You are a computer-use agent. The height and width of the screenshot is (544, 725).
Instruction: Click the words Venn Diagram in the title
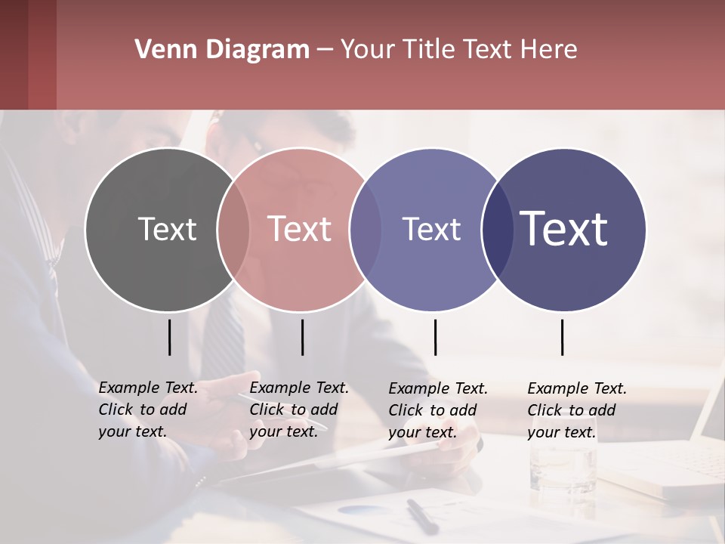[222, 50]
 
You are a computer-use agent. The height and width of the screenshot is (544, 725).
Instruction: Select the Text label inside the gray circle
[167, 229]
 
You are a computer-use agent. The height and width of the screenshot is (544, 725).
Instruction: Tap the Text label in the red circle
[299, 229]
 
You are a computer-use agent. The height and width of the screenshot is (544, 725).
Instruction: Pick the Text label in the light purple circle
[431, 229]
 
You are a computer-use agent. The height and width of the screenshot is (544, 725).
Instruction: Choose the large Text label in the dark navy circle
[564, 229]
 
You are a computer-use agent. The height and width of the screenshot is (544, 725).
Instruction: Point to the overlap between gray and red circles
[233, 230]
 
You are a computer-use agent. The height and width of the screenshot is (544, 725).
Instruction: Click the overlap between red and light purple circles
[366, 230]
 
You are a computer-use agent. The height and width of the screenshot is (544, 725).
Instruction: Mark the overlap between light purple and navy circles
[498, 230]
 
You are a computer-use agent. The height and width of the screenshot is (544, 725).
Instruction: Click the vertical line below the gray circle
[170, 337]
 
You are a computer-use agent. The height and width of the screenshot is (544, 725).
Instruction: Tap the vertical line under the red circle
[302, 337]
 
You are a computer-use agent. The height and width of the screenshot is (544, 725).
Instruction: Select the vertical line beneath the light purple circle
[435, 337]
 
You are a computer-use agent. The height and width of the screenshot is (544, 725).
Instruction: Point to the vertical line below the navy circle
[563, 337]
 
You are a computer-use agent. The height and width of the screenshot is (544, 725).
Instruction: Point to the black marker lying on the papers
[421, 516]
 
